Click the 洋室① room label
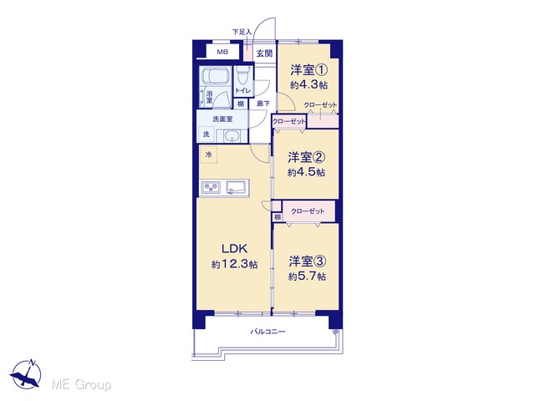[x=309, y=70]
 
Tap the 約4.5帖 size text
[x=306, y=172]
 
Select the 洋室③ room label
[x=308, y=261]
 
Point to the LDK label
[x=234, y=249]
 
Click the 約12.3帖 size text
[x=234, y=264]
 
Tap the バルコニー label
[x=267, y=332]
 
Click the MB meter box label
[x=222, y=52]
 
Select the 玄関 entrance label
[x=264, y=53]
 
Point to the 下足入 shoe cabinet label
[x=242, y=32]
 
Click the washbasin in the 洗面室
[x=232, y=136]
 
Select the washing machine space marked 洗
[x=206, y=135]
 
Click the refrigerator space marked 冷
[x=208, y=155]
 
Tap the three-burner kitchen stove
[x=211, y=187]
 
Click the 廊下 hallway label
[x=263, y=104]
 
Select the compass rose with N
[x=26, y=373]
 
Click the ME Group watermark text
[x=81, y=385]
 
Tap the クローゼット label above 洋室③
[x=308, y=211]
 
